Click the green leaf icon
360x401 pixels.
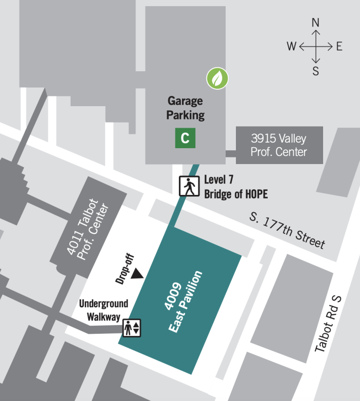pos(217,78)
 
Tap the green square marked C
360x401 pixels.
pos(185,137)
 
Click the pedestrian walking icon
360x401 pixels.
pos(189,186)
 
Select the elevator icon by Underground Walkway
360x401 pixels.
pos(131,327)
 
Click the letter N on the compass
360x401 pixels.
pos(316,23)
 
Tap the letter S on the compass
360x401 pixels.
pos(316,71)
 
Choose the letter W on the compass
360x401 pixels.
pos(291,47)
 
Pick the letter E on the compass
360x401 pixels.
pos(339,47)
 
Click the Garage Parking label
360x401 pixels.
pos(185,108)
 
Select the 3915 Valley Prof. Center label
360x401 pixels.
pos(278,145)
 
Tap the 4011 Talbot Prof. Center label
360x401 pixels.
pos(88,229)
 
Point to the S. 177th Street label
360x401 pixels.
pos(287,230)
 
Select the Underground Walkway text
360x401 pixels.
pos(104,309)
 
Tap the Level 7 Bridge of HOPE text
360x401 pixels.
pos(235,186)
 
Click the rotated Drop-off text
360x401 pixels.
pos(122,268)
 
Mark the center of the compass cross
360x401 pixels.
pos(316,47)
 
